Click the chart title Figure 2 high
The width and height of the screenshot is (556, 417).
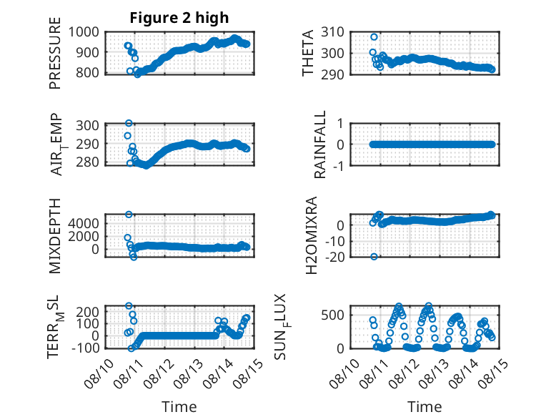tap(179, 18)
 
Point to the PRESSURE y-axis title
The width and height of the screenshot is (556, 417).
tap(55, 53)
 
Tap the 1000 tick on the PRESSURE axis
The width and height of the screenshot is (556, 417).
tap(84, 32)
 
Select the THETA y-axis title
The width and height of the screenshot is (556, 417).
tap(308, 53)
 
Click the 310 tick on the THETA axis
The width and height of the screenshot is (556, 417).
tap(332, 32)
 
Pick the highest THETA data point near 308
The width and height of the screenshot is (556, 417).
tap(374, 37)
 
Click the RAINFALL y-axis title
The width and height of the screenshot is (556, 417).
tap(320, 144)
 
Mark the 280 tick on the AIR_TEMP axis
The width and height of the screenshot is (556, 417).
tap(88, 162)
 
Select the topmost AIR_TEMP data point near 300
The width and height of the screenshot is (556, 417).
tap(129, 123)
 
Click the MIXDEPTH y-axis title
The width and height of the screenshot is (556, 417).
tap(55, 236)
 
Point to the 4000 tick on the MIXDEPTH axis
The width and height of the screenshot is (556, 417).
tap(84, 223)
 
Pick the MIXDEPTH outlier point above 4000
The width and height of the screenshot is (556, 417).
tap(129, 215)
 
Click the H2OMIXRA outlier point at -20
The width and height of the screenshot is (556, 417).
tap(374, 257)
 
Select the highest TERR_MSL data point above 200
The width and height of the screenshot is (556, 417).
tap(129, 305)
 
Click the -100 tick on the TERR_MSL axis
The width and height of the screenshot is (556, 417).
tap(85, 348)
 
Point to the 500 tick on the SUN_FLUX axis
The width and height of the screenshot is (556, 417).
tap(332, 315)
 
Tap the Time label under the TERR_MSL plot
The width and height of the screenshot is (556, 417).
tap(179, 406)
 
